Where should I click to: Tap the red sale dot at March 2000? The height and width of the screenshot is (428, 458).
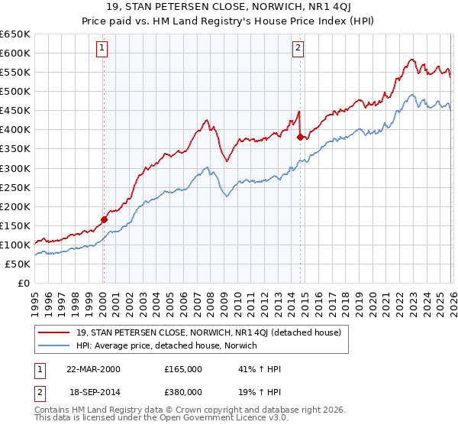coord(105,219)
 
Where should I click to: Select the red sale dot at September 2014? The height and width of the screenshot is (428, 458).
coord(300,137)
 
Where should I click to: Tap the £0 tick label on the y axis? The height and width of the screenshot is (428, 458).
coord(24,284)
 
